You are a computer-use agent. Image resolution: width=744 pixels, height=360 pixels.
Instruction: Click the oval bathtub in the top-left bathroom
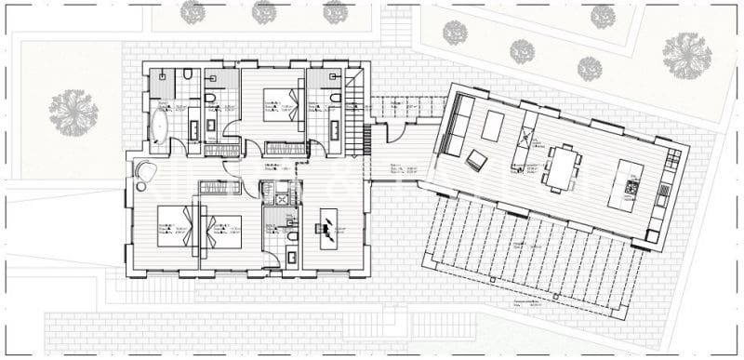click(158, 127)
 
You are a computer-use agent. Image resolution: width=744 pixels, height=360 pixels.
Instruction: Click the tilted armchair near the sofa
click(476, 160)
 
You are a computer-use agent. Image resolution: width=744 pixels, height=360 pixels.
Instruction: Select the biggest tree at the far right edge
click(686, 54)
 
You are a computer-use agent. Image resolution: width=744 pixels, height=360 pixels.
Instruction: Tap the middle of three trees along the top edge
click(264, 12)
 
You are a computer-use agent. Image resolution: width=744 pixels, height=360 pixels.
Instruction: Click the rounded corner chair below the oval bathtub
click(146, 170)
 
